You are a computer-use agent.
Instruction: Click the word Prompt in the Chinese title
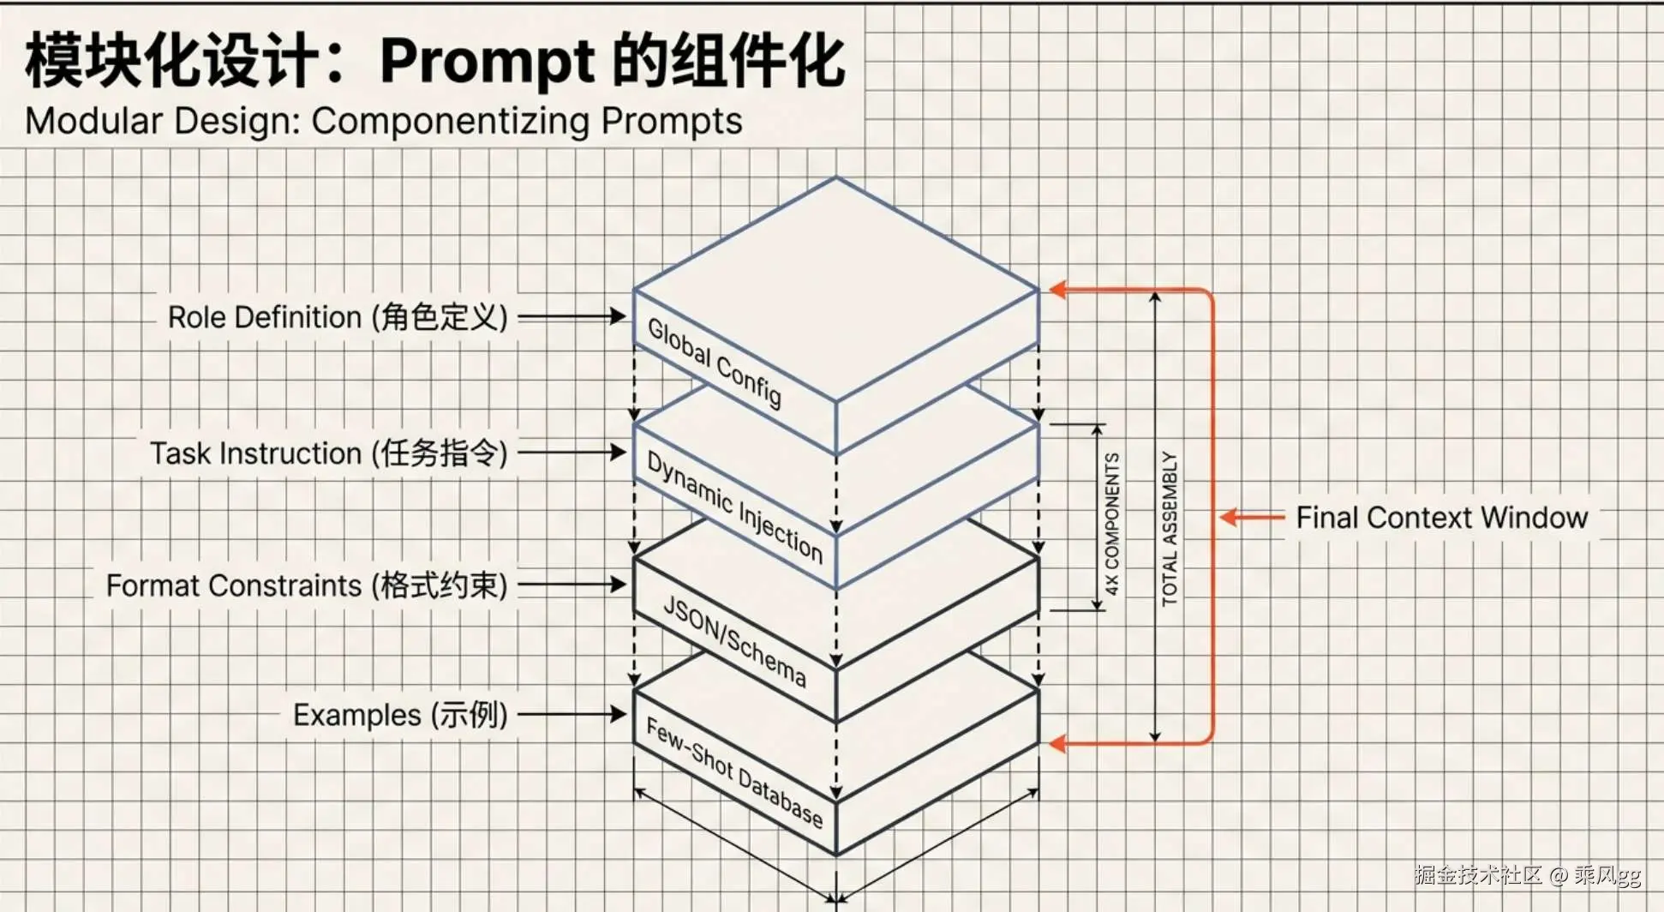(487, 62)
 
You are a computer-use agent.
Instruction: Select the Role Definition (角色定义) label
(338, 317)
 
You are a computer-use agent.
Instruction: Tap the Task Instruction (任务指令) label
(329, 453)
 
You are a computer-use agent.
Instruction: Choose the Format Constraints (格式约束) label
(307, 585)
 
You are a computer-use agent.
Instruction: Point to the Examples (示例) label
(400, 715)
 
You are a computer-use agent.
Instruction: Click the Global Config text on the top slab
(715, 362)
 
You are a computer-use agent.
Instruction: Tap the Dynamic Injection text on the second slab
(734, 506)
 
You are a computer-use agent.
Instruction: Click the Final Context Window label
(1441, 518)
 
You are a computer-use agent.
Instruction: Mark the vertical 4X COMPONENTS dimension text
(1112, 524)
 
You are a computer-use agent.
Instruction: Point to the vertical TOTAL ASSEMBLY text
(1170, 529)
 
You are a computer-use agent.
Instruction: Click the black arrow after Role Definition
(572, 316)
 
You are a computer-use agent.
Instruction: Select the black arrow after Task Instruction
(572, 452)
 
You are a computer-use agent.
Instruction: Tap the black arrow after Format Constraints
(572, 585)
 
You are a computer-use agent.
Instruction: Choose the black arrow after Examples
(572, 714)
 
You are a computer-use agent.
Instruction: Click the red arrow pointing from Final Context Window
(1252, 517)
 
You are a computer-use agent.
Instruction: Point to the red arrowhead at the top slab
(1059, 290)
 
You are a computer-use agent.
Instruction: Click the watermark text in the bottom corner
(1527, 875)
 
